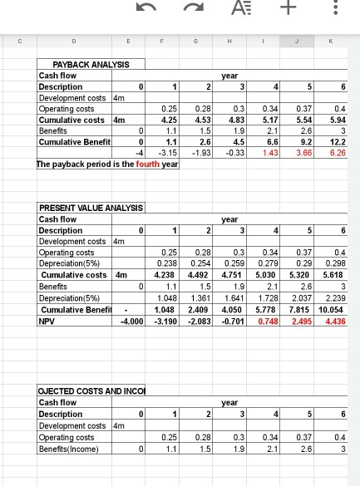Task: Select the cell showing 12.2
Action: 338,142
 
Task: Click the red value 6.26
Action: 337,153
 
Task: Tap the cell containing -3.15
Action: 170,153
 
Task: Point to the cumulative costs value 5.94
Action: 337,120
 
